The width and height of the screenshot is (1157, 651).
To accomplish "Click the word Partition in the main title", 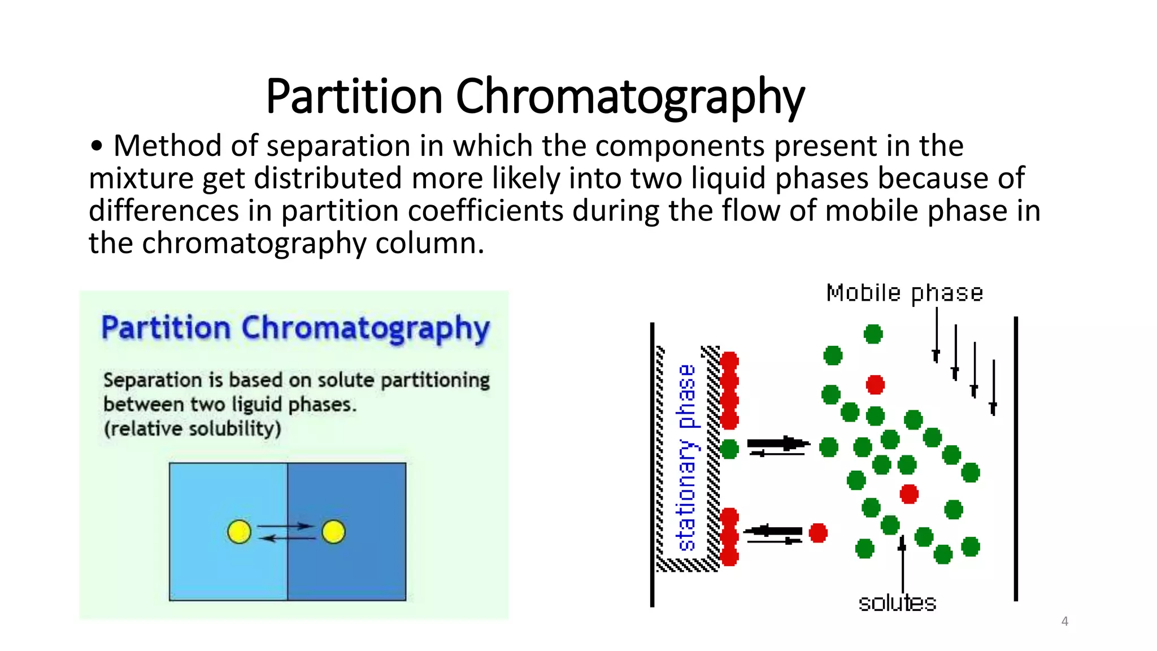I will pyautogui.click(x=354, y=96).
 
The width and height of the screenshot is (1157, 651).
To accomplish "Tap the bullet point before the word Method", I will pyautogui.click(x=97, y=146).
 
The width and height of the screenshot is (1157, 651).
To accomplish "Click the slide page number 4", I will pyautogui.click(x=1064, y=621).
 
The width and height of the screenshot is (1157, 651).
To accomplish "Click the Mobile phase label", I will pyautogui.click(x=904, y=293).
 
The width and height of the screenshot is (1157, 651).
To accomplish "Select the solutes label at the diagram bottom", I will pyautogui.click(x=897, y=603).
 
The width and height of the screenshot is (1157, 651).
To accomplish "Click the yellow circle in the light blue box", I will pyautogui.click(x=239, y=532).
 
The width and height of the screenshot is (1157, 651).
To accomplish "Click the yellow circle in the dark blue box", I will pyautogui.click(x=333, y=532).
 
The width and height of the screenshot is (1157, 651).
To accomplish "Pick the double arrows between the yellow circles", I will pyautogui.click(x=286, y=532).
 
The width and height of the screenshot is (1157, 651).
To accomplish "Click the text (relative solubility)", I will pyautogui.click(x=192, y=428).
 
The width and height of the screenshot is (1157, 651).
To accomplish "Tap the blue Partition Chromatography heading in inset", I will pyautogui.click(x=295, y=328).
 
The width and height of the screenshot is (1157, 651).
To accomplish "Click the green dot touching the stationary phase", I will pyautogui.click(x=729, y=449).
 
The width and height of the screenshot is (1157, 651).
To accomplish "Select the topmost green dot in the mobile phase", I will pyautogui.click(x=873, y=334).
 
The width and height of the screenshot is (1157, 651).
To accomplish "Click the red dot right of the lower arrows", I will pyautogui.click(x=817, y=532).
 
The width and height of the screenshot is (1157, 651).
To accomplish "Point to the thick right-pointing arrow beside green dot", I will pyautogui.click(x=778, y=444).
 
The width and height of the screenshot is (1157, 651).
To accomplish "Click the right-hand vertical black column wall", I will pyautogui.click(x=1015, y=458).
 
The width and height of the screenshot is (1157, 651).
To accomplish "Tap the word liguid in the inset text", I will pyautogui.click(x=256, y=405).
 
